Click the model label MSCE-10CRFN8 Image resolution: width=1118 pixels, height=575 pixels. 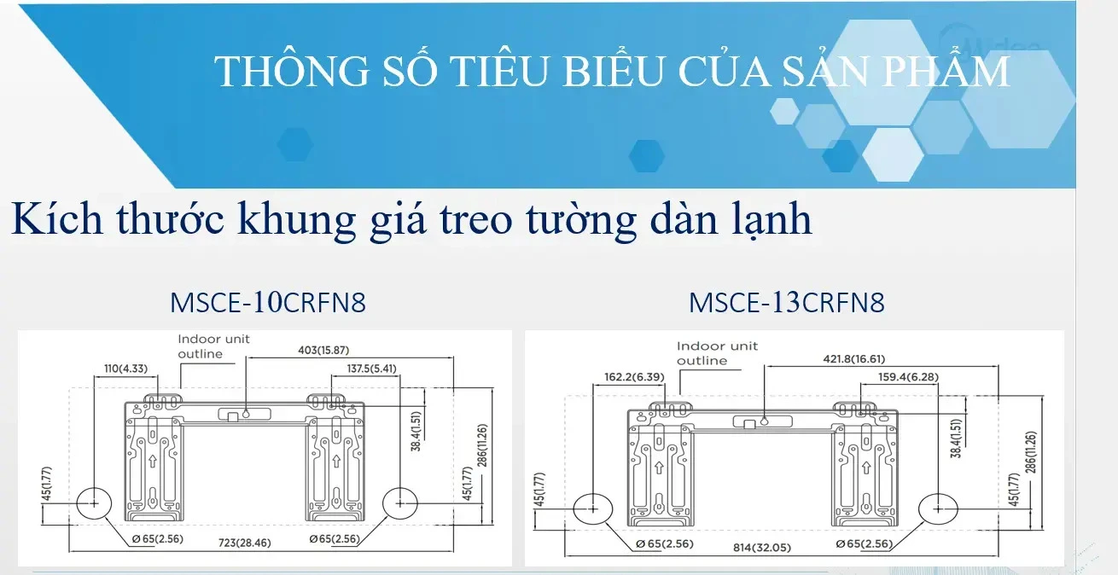click(268, 303)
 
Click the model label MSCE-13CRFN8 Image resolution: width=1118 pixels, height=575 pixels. click(786, 303)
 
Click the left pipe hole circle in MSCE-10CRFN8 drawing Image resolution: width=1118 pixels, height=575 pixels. click(95, 503)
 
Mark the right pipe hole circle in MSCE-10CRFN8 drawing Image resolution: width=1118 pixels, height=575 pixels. click(399, 503)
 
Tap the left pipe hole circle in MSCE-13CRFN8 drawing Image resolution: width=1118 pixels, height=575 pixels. click(593, 508)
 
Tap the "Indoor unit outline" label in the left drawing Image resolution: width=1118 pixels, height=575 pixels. click(213, 346)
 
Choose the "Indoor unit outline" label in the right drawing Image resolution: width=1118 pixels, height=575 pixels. click(717, 353)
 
